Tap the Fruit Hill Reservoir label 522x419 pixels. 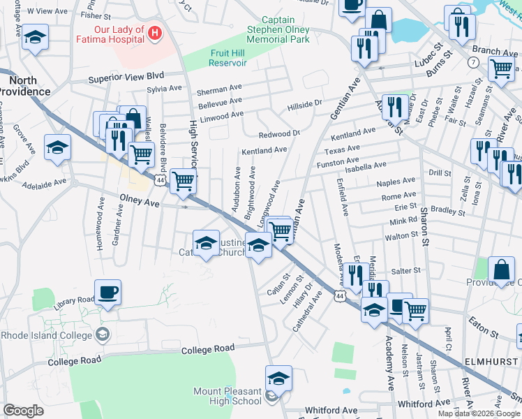point(228,58)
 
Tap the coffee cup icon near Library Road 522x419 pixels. point(107,293)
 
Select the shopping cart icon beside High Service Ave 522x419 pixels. point(183,180)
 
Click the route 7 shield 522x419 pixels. point(473,63)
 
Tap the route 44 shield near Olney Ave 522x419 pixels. point(161,180)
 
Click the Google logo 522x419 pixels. point(23,410)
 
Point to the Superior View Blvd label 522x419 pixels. point(126,78)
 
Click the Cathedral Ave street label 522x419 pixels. point(307,313)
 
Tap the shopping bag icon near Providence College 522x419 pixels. point(501,270)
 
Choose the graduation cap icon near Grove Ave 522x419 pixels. point(57,147)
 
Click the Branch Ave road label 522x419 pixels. point(495,51)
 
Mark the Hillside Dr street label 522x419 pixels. point(305,105)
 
